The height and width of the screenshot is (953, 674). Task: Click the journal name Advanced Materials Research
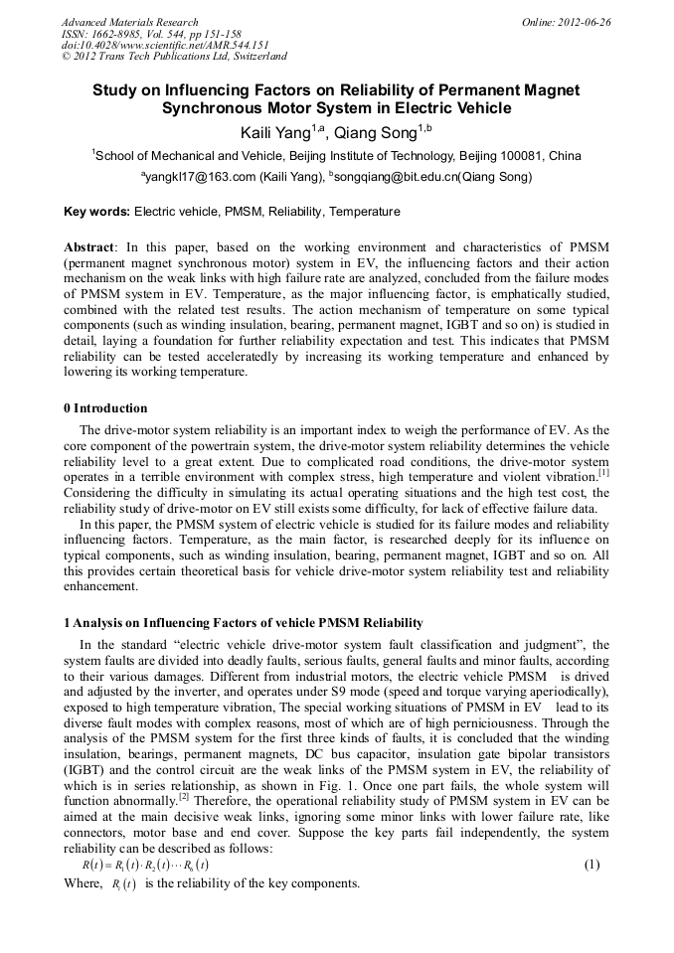[x=129, y=22]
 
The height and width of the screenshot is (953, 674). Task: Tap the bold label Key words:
[x=96, y=212]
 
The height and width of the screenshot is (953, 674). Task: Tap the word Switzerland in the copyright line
[x=253, y=57]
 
